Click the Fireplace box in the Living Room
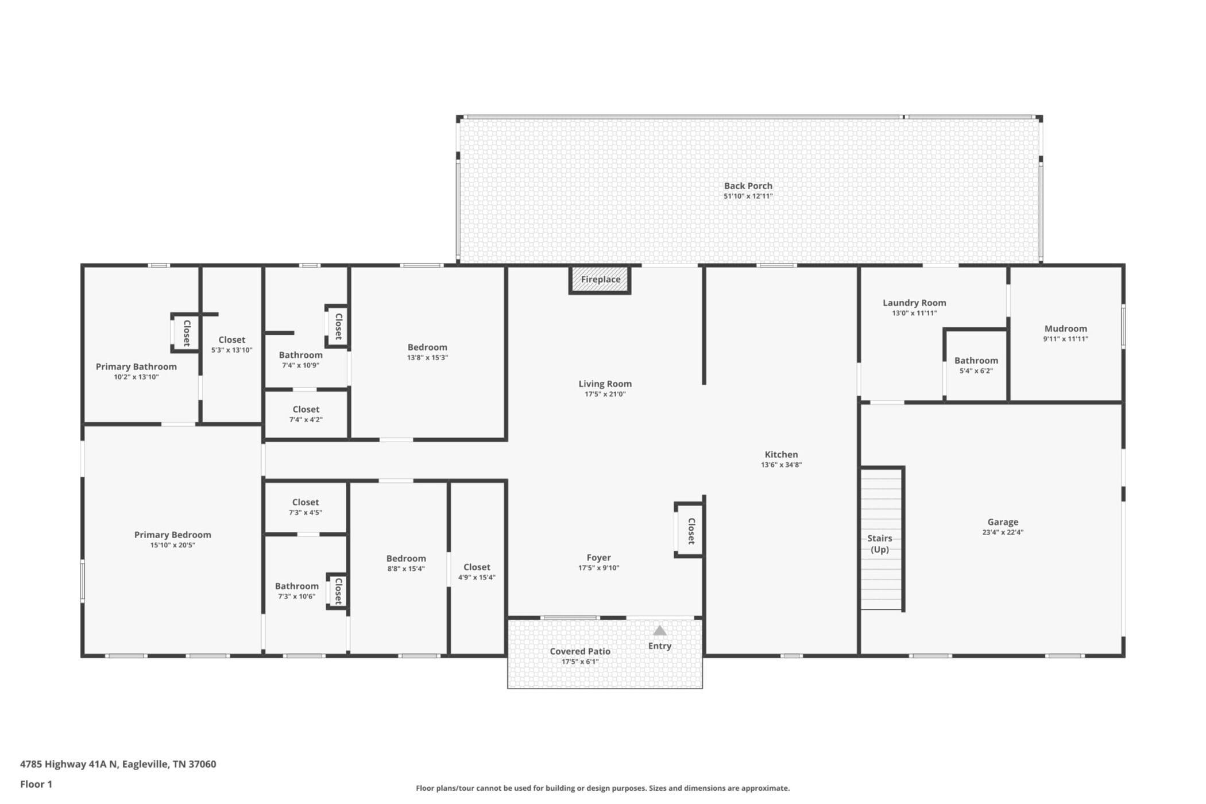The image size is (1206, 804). pos(600,280)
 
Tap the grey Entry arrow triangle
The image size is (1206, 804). pos(660,631)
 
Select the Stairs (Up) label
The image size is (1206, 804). pos(880,544)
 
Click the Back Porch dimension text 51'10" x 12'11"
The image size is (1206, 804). pos(748,196)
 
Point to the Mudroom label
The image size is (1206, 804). pos(1066,328)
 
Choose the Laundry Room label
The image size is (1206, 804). pos(914,303)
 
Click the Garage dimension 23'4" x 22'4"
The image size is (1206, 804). pos(1003,532)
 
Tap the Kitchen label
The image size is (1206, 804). pos(781,454)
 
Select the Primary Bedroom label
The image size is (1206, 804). pos(173,535)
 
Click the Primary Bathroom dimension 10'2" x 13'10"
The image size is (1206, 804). pos(136,377)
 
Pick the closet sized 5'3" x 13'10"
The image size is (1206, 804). pos(231,345)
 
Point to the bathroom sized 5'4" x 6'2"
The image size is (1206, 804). pos(976,365)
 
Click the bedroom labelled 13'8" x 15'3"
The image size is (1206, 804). pos(428,352)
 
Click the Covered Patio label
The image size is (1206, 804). pos(580,651)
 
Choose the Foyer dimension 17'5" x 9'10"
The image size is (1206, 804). pos(598,568)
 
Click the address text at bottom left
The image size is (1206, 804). pos(118,764)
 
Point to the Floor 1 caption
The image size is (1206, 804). pos(36,784)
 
